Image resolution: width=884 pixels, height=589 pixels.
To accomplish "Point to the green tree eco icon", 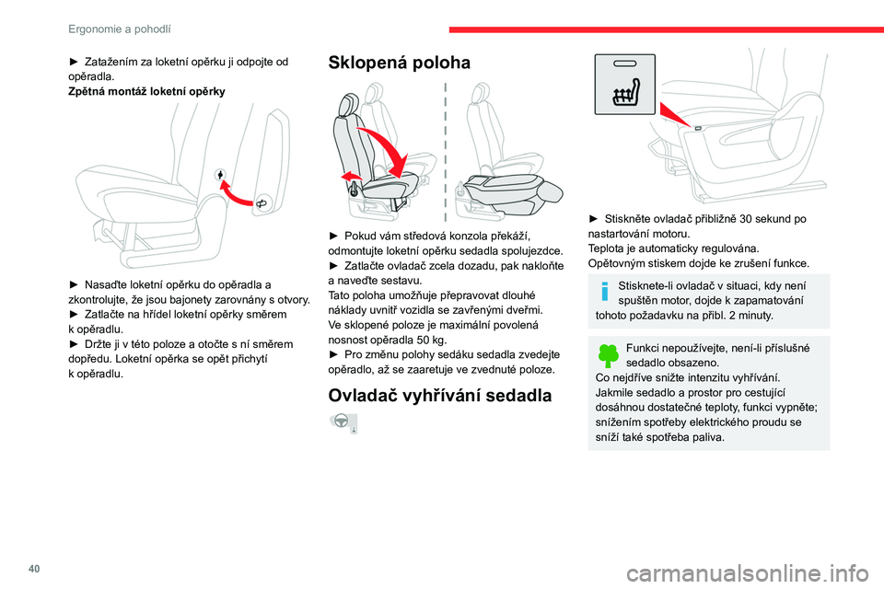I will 608,355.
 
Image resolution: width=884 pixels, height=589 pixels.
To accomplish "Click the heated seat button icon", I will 625,85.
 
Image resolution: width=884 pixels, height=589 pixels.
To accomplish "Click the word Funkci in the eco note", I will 644,347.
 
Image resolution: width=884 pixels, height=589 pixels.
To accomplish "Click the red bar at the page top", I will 666,29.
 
